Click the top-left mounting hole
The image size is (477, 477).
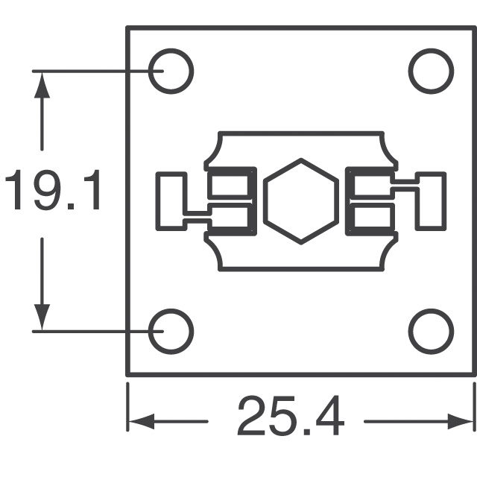(171, 71)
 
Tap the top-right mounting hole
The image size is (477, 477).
(431, 71)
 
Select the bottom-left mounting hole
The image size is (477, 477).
(171, 330)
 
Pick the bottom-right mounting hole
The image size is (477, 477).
(431, 330)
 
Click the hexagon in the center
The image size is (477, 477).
(301, 200)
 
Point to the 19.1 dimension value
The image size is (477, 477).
(52, 191)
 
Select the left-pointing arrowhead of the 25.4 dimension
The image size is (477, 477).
(142, 421)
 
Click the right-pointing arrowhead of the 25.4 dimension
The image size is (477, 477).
(460, 421)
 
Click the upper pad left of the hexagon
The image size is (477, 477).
(231, 184)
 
